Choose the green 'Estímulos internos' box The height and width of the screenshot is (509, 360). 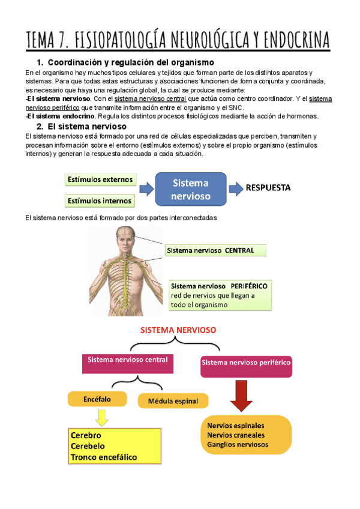tap(100, 200)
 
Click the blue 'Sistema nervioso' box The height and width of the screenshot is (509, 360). tap(191, 189)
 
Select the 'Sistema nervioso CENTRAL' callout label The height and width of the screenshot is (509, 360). tap(210, 250)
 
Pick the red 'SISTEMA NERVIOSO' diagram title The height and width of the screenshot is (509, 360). tap(178, 330)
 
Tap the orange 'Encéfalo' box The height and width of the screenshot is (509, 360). tap(98, 397)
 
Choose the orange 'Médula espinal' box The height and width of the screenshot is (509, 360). tap(173, 401)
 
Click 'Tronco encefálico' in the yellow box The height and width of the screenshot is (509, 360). tap(104, 457)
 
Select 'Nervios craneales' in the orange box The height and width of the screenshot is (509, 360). tap(236, 435)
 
